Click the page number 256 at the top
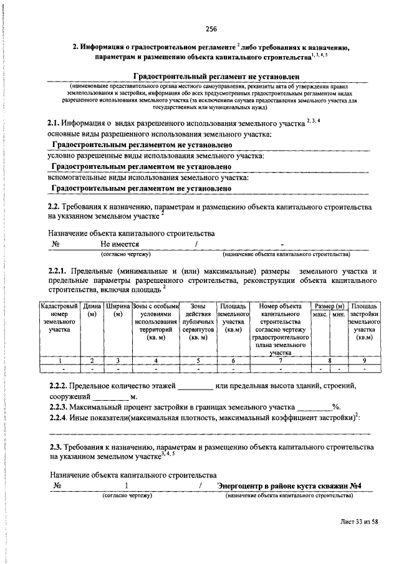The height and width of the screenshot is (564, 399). click(x=211, y=29)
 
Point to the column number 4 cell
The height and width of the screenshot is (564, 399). click(x=155, y=360)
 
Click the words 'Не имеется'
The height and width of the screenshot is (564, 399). click(x=120, y=244)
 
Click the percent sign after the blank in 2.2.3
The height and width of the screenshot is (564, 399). click(x=335, y=407)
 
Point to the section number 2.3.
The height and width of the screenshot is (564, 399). click(x=55, y=447)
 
